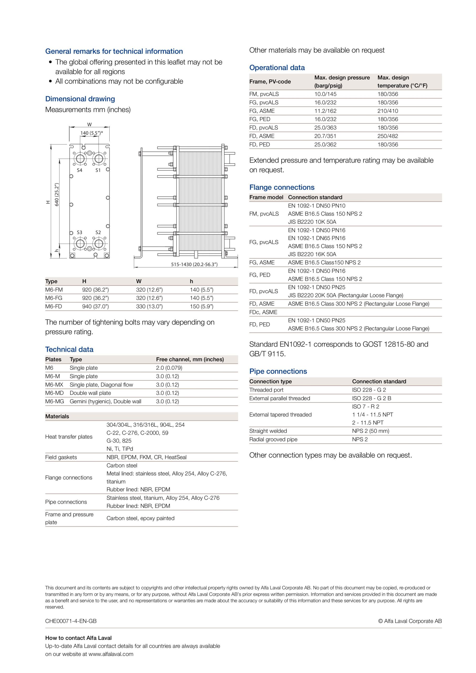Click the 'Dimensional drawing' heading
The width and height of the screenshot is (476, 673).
[80, 99]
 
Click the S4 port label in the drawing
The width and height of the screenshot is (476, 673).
[79, 170]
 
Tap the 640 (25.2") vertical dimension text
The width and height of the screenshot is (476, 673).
[57, 195]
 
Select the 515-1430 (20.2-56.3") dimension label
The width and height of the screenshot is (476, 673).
[194, 264]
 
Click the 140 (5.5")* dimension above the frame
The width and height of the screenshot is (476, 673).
[92, 133]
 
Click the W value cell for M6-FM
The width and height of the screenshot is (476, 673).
[149, 290]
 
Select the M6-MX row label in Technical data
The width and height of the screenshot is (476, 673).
[54, 385]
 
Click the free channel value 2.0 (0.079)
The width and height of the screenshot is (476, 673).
[169, 368]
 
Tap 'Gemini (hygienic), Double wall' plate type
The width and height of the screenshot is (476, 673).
[105, 401]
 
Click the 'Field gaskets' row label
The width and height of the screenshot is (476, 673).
[61, 457]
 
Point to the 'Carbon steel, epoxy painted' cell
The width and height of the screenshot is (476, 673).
[140, 518]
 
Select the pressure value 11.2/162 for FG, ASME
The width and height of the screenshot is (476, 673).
[325, 111]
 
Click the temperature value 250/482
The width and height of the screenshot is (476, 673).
[387, 136]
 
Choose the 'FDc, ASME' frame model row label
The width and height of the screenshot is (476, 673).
[263, 312]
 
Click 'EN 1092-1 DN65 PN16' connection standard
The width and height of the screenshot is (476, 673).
[316, 238]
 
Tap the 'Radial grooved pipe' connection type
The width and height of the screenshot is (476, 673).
[273, 439]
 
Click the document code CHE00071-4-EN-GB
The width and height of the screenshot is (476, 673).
[71, 621]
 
